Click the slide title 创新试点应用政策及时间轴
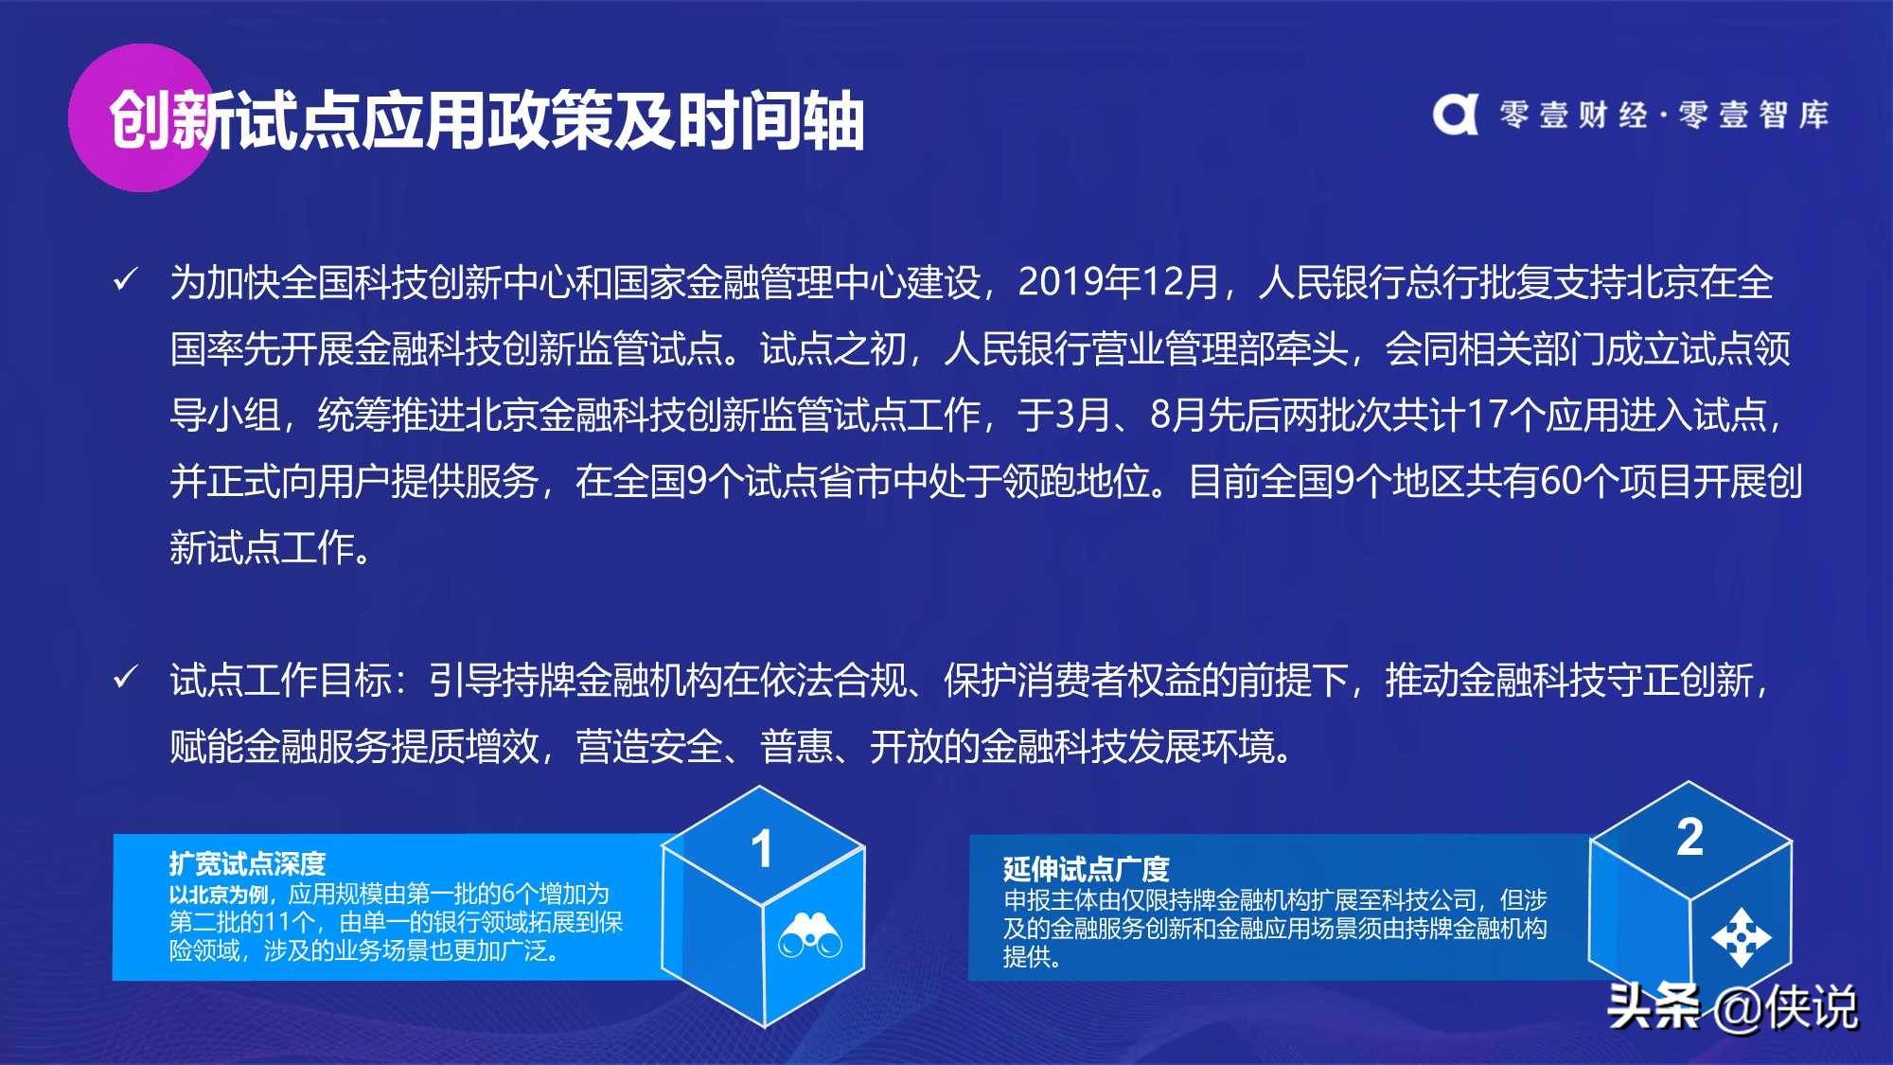(x=487, y=120)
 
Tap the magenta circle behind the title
(x=142, y=117)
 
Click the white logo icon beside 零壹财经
(x=1455, y=115)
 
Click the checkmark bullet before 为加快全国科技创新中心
(x=125, y=280)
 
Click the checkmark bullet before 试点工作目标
(x=125, y=678)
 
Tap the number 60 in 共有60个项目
(x=1561, y=481)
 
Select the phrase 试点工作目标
(x=281, y=680)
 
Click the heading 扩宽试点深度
(x=247, y=863)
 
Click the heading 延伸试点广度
(x=1087, y=868)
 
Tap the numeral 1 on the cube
(x=762, y=849)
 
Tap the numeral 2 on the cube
(x=1690, y=837)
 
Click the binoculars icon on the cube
(x=810, y=935)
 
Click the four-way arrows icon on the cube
(x=1742, y=938)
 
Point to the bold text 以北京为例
(x=219, y=895)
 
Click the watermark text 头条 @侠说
(x=1732, y=1006)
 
